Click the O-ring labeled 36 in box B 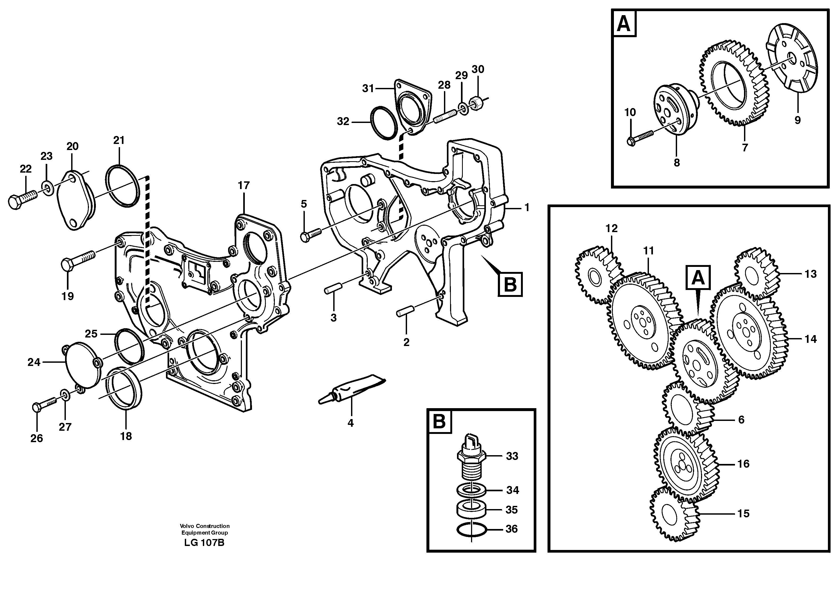click(x=471, y=531)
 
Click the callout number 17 click(x=243, y=185)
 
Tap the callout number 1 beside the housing click(x=526, y=208)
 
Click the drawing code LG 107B click(x=204, y=543)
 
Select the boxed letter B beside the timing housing click(x=510, y=284)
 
